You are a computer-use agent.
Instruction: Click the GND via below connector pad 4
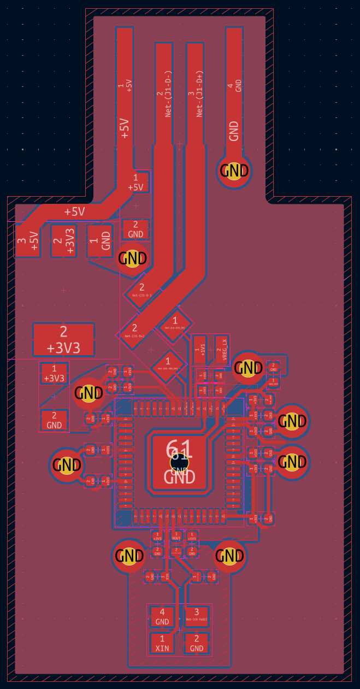[x=234, y=171]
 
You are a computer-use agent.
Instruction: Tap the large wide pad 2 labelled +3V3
[x=63, y=339]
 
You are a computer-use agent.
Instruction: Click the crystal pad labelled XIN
[x=162, y=643]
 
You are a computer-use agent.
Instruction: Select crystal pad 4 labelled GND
[x=162, y=617]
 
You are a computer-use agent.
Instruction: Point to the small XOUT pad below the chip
[x=176, y=537]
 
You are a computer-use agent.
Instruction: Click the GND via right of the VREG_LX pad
[x=249, y=368]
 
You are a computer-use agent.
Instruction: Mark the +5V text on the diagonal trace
[x=75, y=211]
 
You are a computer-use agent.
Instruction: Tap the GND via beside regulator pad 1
[x=133, y=257]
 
